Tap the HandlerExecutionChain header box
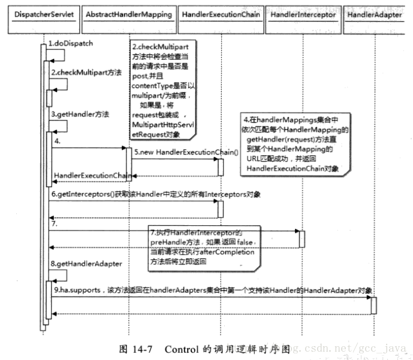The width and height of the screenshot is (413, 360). [x=221, y=14]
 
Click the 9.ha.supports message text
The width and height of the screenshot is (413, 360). [x=209, y=290]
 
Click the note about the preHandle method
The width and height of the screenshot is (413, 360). [x=204, y=246]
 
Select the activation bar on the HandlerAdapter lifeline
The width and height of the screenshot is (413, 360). [x=373, y=305]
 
